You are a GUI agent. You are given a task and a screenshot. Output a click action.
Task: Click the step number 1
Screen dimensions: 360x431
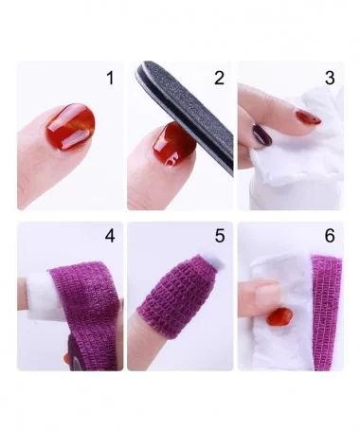click(x=110, y=78)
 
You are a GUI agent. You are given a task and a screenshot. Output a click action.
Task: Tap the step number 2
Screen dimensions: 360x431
click(x=219, y=78)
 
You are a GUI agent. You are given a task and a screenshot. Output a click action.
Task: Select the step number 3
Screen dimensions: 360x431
click(x=330, y=78)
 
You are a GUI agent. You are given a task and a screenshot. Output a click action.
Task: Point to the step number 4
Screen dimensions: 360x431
click(x=110, y=236)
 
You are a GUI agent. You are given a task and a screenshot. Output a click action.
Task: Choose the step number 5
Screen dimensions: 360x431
click(x=220, y=236)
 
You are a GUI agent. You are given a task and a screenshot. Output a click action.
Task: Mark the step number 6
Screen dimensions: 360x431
click(x=330, y=236)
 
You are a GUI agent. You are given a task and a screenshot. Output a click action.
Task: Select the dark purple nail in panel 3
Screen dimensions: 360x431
click(x=261, y=135)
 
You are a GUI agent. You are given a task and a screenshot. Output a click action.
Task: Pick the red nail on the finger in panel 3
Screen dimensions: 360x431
click(x=308, y=117)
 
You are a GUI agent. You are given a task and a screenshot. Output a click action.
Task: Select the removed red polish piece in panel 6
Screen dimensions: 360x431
click(x=280, y=317)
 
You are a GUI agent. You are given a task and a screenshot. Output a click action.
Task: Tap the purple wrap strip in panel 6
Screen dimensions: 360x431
click(x=327, y=313)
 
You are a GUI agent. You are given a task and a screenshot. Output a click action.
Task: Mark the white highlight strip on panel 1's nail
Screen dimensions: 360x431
click(x=74, y=143)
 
